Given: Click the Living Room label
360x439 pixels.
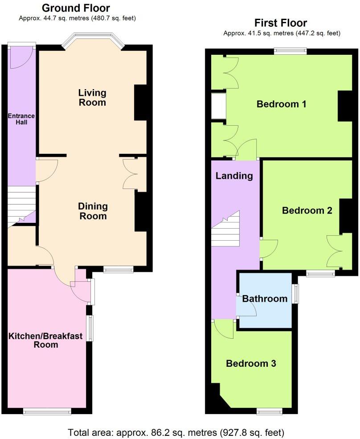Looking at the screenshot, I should click(x=92, y=98).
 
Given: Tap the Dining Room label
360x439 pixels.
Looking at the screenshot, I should click(x=93, y=211).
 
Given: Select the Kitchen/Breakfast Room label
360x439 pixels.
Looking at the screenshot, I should click(x=46, y=340).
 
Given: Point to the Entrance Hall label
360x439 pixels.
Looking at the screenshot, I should click(x=21, y=119).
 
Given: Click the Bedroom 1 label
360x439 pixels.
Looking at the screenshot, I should click(x=282, y=104).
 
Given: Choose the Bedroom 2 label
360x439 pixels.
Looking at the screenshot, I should click(x=307, y=210).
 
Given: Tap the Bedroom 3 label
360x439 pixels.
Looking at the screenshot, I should click(x=251, y=364).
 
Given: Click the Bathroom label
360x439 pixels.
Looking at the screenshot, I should click(x=265, y=299).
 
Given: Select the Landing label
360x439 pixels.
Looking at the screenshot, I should click(x=234, y=176).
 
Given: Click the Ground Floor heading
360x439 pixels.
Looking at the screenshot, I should click(x=76, y=8).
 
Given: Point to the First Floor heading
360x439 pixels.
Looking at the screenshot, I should click(x=281, y=23).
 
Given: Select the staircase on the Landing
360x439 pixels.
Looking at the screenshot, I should click(x=225, y=228).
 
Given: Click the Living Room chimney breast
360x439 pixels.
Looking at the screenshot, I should click(x=140, y=102).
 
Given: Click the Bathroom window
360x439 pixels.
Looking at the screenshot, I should click(x=295, y=294).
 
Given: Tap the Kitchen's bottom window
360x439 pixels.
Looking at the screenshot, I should click(x=47, y=412).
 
